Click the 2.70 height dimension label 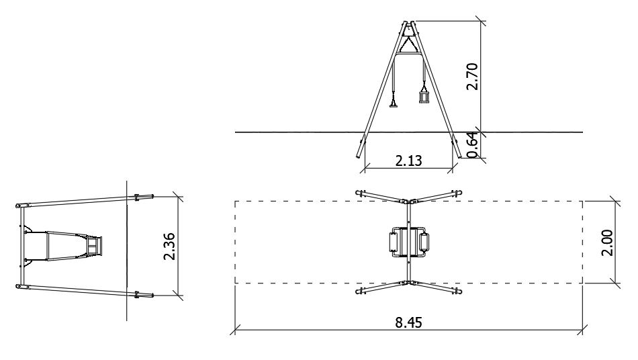click(472, 77)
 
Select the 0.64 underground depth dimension click(472, 145)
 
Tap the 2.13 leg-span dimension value click(409, 161)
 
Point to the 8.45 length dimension click(409, 322)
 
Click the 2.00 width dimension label click(606, 243)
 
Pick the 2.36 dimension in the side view click(169, 246)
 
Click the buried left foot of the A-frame click(360, 149)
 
